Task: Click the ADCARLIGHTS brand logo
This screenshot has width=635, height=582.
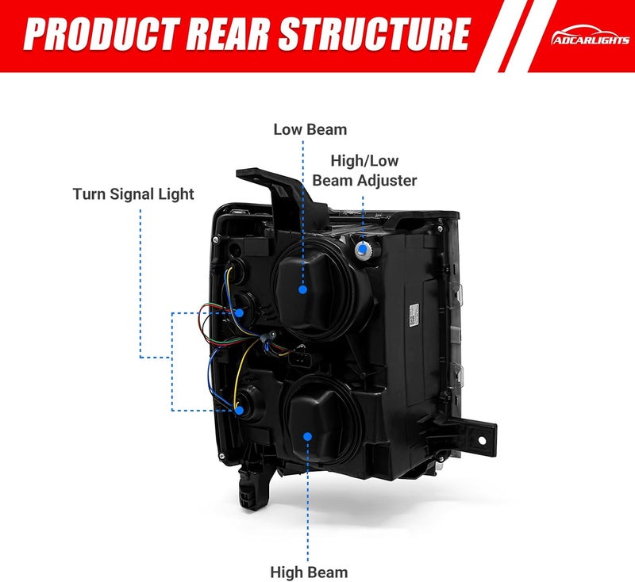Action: (x=590, y=36)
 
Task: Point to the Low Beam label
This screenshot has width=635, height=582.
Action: (x=310, y=129)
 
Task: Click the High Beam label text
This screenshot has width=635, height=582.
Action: (x=309, y=572)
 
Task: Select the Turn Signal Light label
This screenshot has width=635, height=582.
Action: (x=133, y=194)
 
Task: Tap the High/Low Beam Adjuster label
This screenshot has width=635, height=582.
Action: (x=364, y=170)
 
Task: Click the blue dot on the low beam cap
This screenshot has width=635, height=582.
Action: (x=302, y=289)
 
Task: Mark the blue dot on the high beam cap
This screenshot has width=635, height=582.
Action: (x=307, y=436)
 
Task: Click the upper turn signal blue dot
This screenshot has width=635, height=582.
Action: (x=239, y=312)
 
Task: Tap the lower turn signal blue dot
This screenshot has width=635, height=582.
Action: (x=240, y=411)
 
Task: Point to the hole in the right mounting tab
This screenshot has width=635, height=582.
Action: (x=482, y=440)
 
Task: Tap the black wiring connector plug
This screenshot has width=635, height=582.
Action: (x=298, y=358)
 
